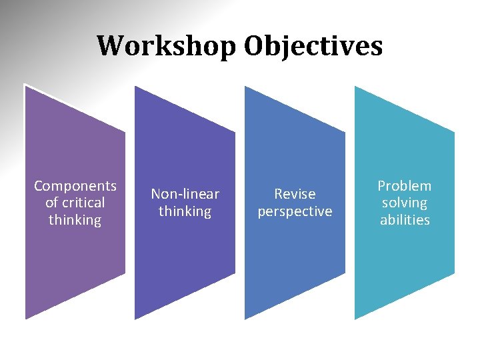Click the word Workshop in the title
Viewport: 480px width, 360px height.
[166, 47]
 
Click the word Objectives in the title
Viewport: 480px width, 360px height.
[313, 47]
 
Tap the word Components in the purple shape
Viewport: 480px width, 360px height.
[75, 186]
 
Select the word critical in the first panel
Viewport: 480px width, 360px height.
[83, 203]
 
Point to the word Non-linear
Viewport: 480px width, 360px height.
[185, 194]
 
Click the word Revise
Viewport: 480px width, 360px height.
[295, 194]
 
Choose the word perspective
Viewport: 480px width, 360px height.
[295, 211]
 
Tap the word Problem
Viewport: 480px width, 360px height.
[405, 186]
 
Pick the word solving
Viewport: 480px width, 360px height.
[405, 203]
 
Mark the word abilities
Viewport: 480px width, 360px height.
[405, 220]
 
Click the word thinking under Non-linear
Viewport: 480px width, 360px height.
[185, 211]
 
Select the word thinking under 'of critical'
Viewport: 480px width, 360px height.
[75, 220]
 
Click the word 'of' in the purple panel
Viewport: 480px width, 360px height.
[51, 203]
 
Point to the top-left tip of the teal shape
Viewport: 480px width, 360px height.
[355, 87]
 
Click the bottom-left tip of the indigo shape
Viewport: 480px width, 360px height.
[136, 319]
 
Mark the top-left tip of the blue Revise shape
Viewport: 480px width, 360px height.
[245, 87]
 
